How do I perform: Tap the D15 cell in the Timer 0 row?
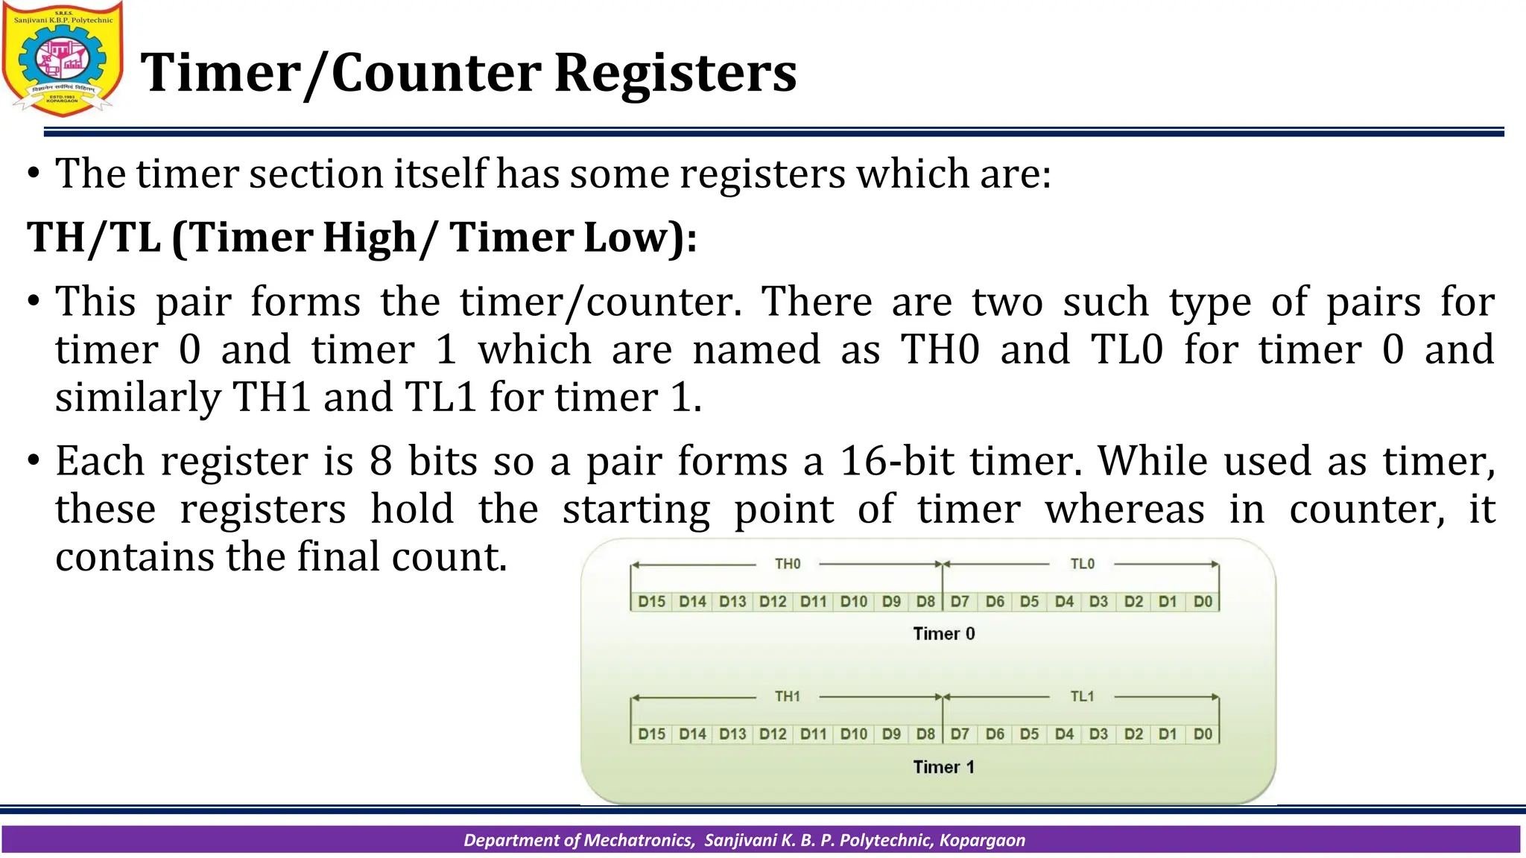tap(652, 601)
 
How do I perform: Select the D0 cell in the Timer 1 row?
tap(1203, 734)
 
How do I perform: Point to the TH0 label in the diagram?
tap(788, 564)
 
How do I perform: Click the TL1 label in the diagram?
tap(1082, 696)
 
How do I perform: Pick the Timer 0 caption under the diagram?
tap(943, 634)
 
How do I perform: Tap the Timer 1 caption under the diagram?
tap(943, 767)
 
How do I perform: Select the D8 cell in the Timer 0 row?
tap(925, 601)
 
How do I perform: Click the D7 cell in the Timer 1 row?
tap(960, 734)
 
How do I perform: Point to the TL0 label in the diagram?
tap(1082, 564)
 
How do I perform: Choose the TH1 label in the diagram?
tap(788, 696)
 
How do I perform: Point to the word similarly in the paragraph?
tap(138, 397)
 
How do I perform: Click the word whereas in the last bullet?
tap(1124, 509)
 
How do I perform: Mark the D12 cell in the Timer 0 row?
tap(773, 601)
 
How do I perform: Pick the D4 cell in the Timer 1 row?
tap(1064, 734)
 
